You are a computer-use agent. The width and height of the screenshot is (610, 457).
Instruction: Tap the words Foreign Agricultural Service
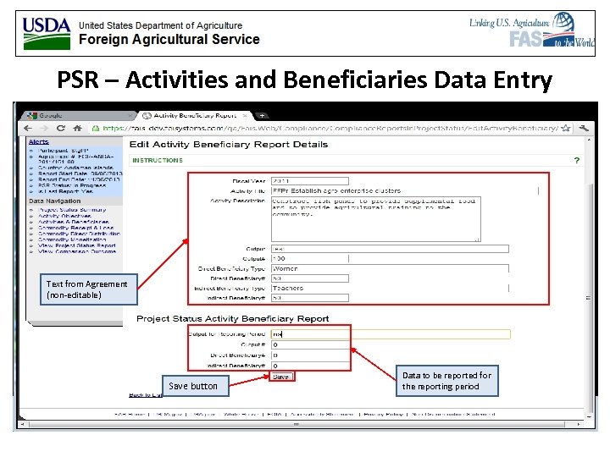169,39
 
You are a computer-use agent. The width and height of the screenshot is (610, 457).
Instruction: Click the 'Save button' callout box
192,386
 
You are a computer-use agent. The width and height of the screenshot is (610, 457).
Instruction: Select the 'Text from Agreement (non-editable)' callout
87,289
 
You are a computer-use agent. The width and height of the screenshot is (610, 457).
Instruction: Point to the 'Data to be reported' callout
446,381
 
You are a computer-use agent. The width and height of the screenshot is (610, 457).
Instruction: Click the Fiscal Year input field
309,180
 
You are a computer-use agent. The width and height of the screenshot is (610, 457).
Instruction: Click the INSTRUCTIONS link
157,160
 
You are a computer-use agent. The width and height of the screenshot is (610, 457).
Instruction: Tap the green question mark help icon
577,160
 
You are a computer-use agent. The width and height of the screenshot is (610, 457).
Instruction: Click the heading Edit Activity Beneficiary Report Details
228,145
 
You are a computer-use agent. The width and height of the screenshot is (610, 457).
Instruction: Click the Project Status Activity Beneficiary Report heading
233,319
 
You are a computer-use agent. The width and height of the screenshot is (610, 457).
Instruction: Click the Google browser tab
51,115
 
